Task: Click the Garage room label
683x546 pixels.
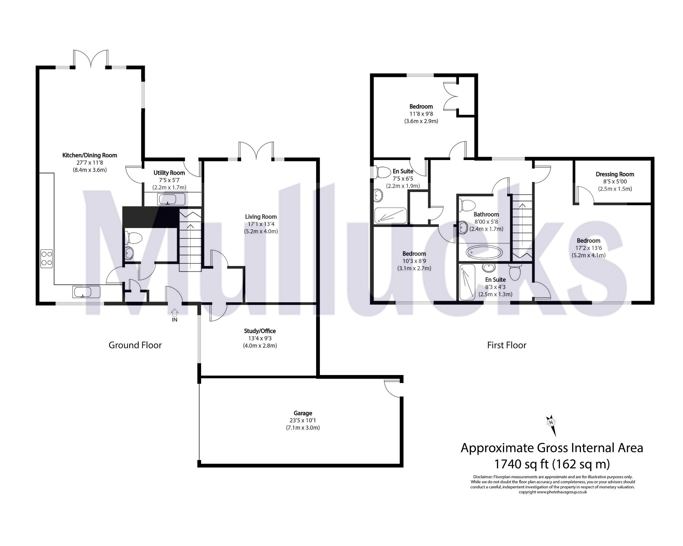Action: pyautogui.click(x=303, y=413)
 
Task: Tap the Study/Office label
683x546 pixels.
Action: pyautogui.click(x=260, y=331)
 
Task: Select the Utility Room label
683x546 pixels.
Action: pyautogui.click(x=169, y=173)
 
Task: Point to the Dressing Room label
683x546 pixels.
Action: pyautogui.click(x=615, y=174)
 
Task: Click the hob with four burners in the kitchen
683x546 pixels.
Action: pyautogui.click(x=47, y=258)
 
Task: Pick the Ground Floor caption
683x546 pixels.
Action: pyautogui.click(x=135, y=345)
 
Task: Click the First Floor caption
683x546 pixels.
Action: pyautogui.click(x=507, y=345)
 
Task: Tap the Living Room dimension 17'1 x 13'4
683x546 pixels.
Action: pyautogui.click(x=261, y=224)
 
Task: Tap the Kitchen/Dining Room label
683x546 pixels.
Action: pyautogui.click(x=90, y=155)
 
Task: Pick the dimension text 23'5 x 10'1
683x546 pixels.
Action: pyautogui.click(x=303, y=421)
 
